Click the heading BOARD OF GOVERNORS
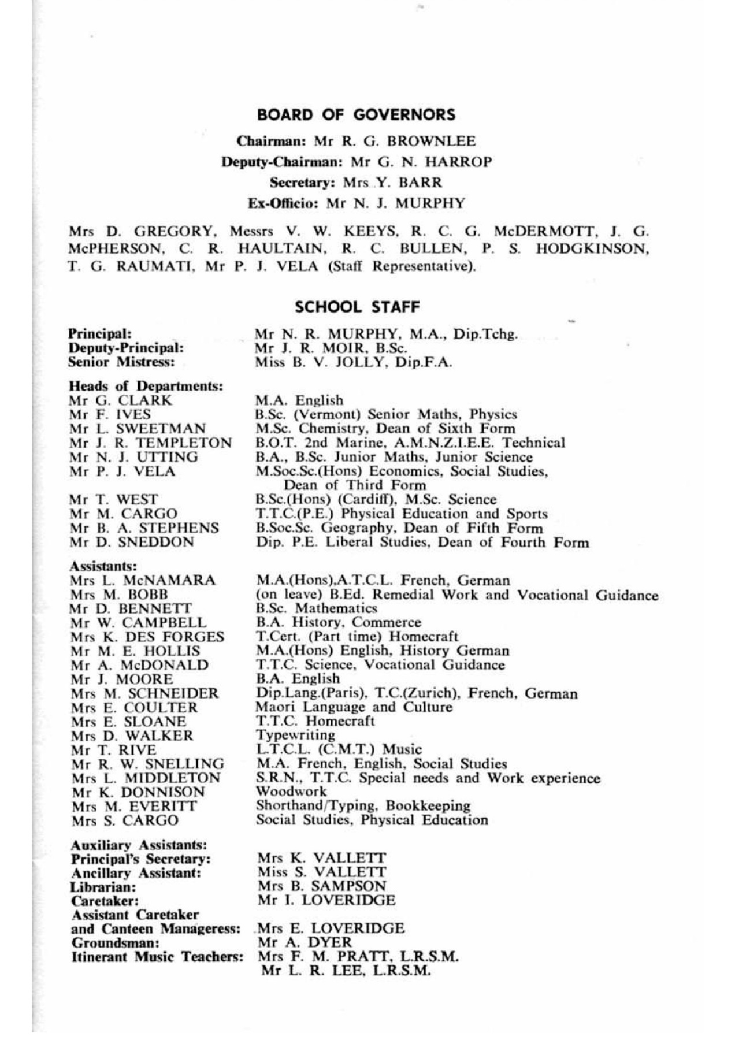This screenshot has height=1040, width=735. [356, 114]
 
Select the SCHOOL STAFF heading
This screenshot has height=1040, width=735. [357, 307]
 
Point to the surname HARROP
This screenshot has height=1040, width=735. [458, 162]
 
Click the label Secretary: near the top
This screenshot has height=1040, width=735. [302, 183]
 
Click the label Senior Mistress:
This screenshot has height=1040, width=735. [121, 363]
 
